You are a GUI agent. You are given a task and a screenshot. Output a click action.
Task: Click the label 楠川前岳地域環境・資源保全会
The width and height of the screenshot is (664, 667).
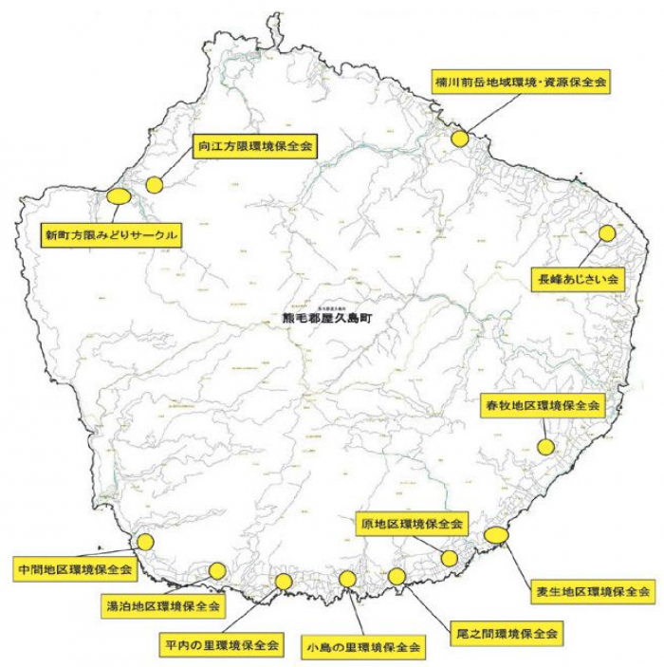point(521,83)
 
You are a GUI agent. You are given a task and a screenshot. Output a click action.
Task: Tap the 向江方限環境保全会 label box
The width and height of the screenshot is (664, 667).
point(256,147)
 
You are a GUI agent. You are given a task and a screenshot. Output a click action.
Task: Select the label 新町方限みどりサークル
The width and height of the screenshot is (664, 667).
point(112,232)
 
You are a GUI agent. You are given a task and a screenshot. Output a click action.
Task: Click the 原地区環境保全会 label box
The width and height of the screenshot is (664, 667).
point(411,524)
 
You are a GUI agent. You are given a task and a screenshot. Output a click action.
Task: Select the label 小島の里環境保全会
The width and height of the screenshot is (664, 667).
point(362,647)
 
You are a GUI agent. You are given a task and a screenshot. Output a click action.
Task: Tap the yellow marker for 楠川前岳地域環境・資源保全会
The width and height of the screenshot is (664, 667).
point(460,139)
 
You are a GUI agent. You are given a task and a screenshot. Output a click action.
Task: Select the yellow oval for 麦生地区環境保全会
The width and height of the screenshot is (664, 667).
point(495,535)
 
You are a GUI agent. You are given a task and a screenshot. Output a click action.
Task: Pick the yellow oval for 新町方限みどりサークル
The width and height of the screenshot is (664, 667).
point(119,196)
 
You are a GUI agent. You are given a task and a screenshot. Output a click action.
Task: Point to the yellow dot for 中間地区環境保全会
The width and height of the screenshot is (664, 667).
point(145,542)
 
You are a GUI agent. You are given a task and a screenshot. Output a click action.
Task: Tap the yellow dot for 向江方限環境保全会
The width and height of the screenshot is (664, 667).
point(155,185)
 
